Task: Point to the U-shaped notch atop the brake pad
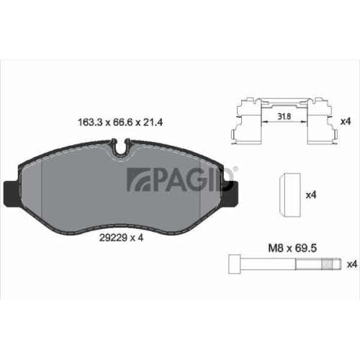click(124, 148)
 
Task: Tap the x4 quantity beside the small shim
click(312, 194)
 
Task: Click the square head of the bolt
click(235, 264)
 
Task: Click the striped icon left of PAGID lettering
click(138, 181)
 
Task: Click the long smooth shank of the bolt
click(274, 264)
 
